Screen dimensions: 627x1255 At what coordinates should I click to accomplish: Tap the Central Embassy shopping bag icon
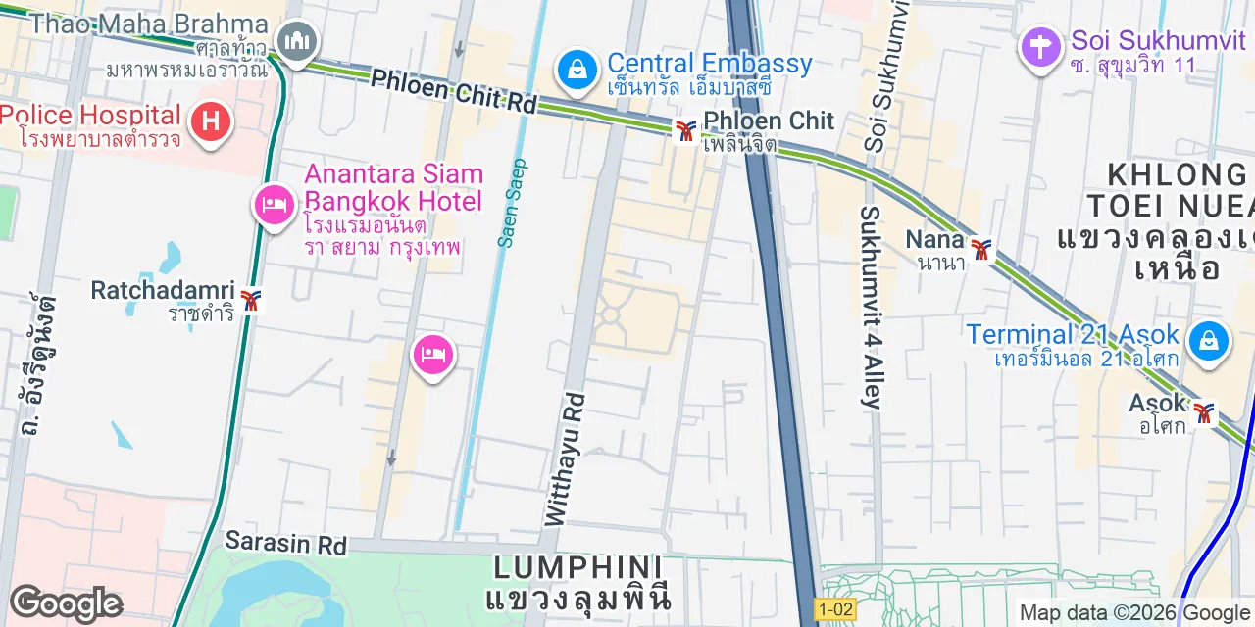578,69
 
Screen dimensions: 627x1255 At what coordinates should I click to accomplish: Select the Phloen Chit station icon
685,129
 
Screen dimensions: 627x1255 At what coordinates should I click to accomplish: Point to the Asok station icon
1203,413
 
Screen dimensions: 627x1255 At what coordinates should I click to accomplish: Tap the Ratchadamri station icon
251,300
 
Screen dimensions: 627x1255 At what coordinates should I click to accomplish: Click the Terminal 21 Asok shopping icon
1208,342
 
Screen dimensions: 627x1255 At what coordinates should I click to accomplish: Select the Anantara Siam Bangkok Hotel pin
275,205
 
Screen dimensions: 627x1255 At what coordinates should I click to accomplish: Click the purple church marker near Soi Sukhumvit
1040,45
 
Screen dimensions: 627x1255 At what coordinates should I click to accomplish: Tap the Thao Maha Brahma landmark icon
295,41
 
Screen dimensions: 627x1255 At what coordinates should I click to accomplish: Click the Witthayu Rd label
564,458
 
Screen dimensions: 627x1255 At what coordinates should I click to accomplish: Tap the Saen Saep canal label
513,203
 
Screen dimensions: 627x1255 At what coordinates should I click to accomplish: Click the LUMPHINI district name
577,567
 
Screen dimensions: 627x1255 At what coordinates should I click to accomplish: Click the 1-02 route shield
834,609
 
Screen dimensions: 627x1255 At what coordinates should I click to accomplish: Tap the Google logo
67,603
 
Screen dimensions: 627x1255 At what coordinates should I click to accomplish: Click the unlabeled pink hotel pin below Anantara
432,355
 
